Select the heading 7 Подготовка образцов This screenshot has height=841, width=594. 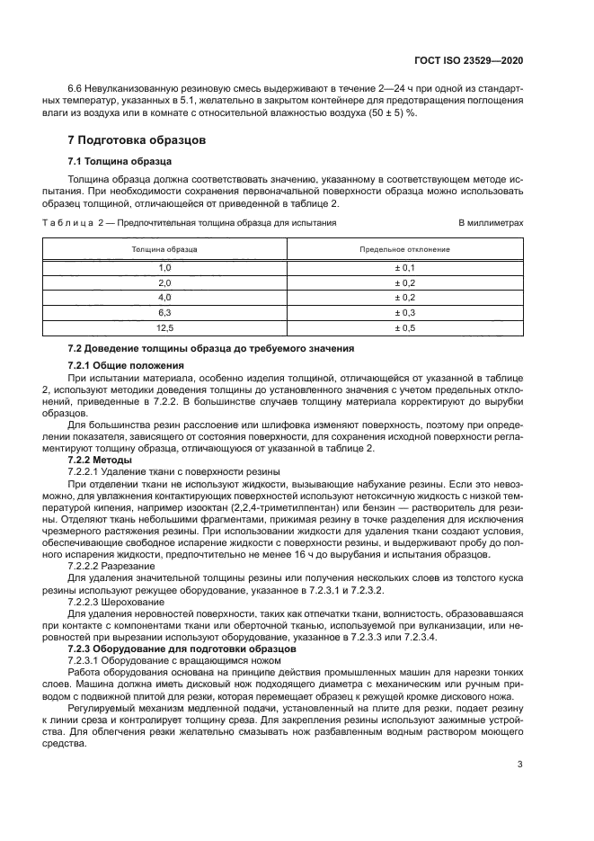click(x=137, y=140)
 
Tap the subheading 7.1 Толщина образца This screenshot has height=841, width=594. click(x=113, y=162)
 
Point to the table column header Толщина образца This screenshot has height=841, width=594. click(x=164, y=248)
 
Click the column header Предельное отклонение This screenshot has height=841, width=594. click(x=404, y=248)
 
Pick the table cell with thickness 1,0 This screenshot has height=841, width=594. click(x=164, y=268)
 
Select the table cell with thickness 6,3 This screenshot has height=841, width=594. click(x=164, y=312)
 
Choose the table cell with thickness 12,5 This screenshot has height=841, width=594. click(x=164, y=327)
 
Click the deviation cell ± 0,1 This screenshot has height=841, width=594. click(x=404, y=268)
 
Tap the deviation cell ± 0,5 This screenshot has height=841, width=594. click(x=404, y=327)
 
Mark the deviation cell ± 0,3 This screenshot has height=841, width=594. click(x=404, y=312)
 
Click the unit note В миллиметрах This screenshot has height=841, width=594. click(x=491, y=221)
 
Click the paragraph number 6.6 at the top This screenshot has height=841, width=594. click(x=76, y=89)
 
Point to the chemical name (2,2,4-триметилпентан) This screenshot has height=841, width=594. click(x=296, y=508)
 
